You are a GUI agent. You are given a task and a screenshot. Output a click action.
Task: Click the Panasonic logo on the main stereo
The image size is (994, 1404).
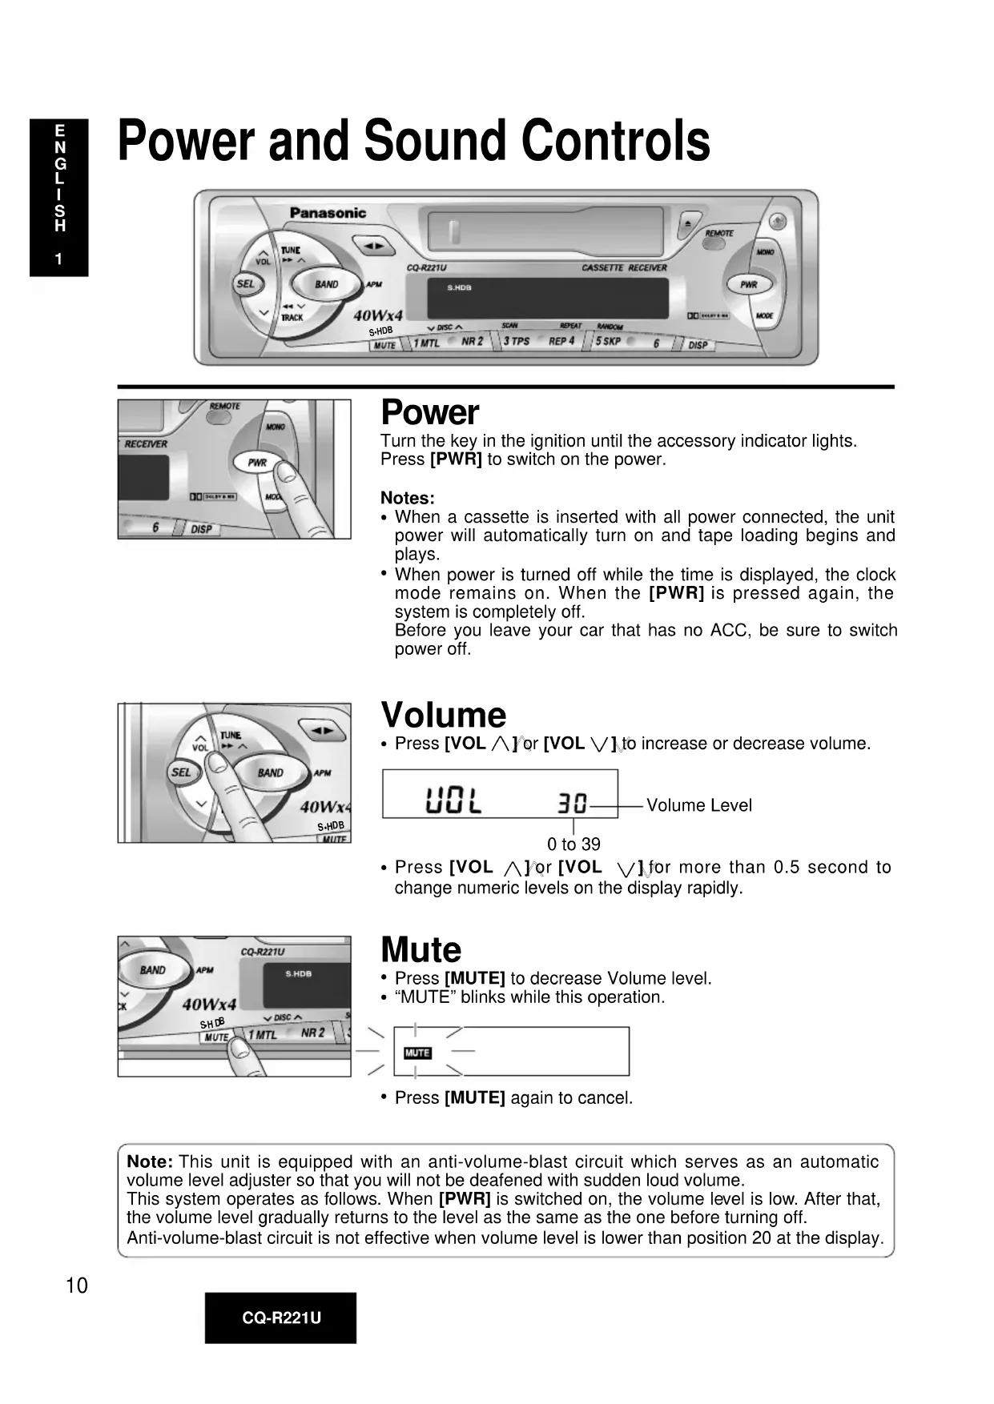[x=328, y=213]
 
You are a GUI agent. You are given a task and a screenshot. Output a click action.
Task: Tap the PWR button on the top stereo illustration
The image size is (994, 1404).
[x=748, y=284]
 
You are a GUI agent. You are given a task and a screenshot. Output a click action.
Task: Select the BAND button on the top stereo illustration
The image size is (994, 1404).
[x=326, y=284]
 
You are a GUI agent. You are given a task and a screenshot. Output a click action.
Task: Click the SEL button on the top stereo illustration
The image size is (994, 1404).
[x=245, y=283]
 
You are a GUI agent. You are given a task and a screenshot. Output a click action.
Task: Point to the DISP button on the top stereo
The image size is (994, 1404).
[x=698, y=344]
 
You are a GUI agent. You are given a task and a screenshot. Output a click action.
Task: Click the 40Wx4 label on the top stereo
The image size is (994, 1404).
[x=378, y=315]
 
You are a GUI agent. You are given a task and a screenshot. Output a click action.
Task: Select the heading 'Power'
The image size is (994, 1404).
[x=429, y=412]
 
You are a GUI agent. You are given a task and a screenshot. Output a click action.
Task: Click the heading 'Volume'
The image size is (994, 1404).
[x=444, y=715]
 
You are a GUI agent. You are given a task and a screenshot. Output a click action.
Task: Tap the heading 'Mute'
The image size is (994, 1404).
[x=421, y=950]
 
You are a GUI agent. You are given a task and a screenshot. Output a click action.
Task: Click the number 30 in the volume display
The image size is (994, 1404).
[x=572, y=802]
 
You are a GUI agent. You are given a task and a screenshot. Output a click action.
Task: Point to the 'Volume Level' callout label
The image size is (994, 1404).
[x=699, y=805]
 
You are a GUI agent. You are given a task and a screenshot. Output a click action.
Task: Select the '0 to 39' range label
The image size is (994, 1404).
[x=573, y=844]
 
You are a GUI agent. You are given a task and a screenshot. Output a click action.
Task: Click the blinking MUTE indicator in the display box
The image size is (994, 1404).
[x=417, y=1053]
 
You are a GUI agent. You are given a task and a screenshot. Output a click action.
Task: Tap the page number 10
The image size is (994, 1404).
[x=76, y=1286]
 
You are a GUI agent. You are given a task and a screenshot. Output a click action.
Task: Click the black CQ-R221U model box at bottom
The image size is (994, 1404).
[x=280, y=1318]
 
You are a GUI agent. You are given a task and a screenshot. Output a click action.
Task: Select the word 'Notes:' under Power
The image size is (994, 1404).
[x=408, y=498]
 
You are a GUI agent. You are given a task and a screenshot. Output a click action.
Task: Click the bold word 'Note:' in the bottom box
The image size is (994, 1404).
[x=150, y=1161]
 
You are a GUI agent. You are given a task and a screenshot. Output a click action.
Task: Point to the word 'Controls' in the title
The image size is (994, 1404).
[x=616, y=141]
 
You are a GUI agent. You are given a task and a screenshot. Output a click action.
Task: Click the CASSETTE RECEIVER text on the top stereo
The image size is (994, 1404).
[x=624, y=268]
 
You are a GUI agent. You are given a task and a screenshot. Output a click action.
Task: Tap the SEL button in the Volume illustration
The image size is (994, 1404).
[x=181, y=772]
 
